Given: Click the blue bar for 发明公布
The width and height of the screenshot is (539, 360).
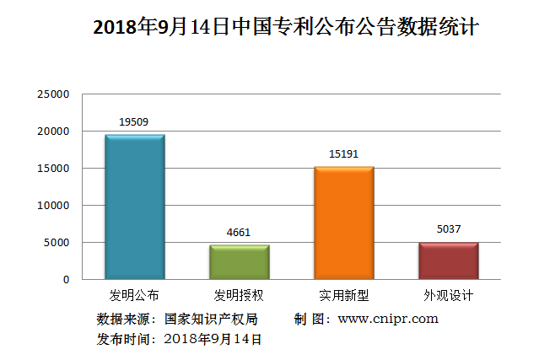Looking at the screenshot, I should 134,207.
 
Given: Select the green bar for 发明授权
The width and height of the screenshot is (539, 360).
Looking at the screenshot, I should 239,261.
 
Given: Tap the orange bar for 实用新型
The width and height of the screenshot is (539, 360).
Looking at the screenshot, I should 343,223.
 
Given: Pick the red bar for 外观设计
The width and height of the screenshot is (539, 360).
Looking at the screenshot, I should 448,261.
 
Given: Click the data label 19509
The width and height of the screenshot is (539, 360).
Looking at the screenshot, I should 134,122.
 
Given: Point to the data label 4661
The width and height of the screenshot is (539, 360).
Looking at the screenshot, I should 239,233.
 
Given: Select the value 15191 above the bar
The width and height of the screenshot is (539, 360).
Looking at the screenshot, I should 343,154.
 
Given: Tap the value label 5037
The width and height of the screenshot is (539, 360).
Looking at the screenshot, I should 448,228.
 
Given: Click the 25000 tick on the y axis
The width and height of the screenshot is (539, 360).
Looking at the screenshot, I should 53,94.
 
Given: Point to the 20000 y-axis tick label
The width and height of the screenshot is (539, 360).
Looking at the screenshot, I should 53,132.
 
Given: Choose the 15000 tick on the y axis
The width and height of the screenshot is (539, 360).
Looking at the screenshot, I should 53,169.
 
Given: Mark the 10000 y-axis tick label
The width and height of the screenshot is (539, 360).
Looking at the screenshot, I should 53,205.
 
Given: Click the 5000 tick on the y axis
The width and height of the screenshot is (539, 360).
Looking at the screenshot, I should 57,242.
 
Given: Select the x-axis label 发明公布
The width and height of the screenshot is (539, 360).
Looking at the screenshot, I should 134,296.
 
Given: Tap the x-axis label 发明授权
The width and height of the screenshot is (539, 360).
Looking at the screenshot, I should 239,296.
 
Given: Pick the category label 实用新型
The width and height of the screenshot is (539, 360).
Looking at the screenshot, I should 343,296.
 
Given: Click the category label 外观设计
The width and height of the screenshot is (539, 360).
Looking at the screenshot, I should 448,296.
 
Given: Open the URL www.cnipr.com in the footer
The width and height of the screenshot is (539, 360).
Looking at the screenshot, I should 388,319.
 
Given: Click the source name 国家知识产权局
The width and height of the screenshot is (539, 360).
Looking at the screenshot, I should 211,319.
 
